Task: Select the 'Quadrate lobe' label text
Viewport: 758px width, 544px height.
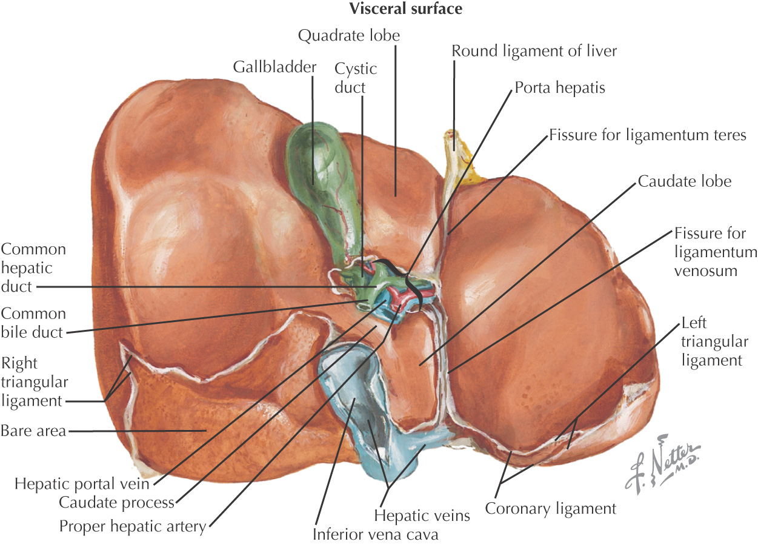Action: click(x=349, y=35)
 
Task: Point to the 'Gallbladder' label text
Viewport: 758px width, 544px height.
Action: click(x=275, y=66)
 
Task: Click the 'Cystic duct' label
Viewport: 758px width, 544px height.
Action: click(x=356, y=78)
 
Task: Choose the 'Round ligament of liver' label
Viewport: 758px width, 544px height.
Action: click(x=534, y=51)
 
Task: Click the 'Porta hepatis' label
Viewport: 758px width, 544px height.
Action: click(x=560, y=88)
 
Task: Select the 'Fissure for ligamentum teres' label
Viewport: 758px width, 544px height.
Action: click(x=647, y=135)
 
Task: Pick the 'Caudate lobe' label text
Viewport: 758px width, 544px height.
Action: click(x=684, y=181)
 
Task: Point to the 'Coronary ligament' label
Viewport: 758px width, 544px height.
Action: click(x=551, y=508)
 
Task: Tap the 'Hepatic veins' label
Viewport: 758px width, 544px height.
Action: click(x=422, y=516)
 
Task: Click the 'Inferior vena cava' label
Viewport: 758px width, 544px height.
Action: click(x=375, y=535)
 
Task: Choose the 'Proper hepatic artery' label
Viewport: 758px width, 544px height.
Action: click(x=133, y=526)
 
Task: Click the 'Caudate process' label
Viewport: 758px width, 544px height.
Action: click(x=116, y=503)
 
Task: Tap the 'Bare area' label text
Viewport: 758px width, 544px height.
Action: click(x=33, y=432)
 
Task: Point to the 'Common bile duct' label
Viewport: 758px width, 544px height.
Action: click(x=33, y=323)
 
